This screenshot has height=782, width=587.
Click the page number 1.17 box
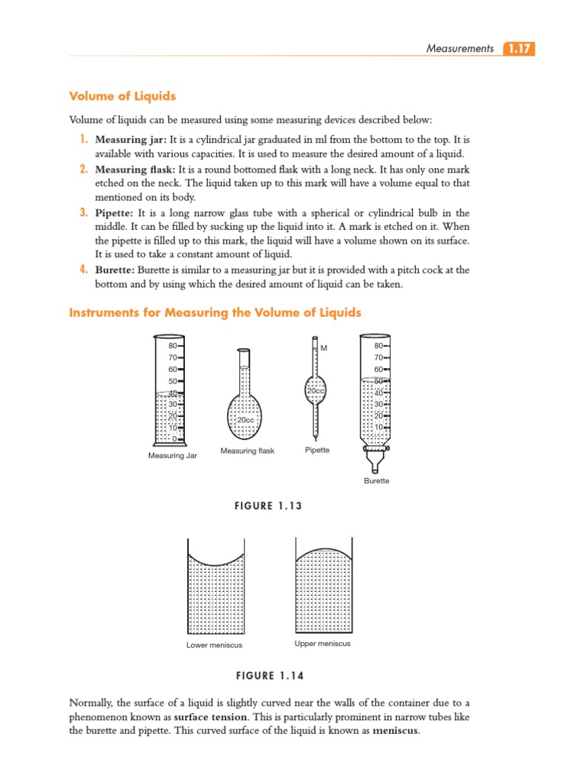519,49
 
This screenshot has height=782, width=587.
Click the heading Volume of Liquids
122,96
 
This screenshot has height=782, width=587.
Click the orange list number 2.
84,169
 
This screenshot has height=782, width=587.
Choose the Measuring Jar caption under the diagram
173,456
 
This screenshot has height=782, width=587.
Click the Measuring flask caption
247,451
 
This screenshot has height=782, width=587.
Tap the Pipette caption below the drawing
317,450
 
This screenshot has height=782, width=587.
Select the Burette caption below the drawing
377,481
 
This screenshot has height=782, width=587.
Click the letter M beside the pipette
324,348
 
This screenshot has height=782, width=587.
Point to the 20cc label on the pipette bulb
316,390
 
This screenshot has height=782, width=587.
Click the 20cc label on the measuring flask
245,420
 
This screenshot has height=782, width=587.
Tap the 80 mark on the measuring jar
173,346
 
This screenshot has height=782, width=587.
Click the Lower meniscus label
215,645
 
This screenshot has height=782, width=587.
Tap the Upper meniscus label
323,644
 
